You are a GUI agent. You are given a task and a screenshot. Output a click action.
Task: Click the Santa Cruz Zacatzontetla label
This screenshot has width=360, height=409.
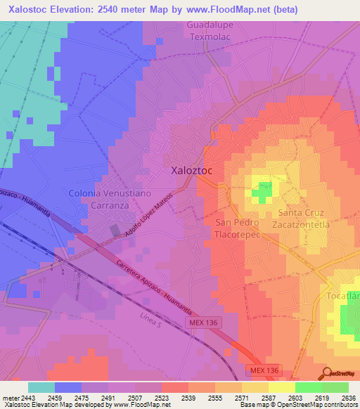304,219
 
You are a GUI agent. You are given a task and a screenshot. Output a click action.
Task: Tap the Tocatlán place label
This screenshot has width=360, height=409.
343,296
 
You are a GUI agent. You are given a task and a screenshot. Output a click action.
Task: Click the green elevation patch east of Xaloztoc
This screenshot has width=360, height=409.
262,191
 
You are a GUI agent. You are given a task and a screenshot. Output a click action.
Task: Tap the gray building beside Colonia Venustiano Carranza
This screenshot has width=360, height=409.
115,230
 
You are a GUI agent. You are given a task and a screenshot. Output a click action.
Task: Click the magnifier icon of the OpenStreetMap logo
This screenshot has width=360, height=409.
326,372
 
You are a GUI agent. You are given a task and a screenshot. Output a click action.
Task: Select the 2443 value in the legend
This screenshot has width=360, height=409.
20,398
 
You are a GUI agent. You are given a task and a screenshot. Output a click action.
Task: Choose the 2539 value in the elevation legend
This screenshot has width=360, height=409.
188,398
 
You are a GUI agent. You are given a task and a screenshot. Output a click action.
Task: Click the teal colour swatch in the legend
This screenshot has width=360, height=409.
41,387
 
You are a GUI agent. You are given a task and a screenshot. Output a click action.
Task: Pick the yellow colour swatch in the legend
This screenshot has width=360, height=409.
281,387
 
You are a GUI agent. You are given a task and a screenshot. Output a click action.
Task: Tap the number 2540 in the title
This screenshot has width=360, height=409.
115,10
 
